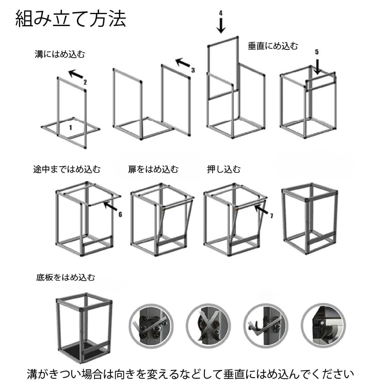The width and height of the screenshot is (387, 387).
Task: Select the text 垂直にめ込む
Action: (273, 46)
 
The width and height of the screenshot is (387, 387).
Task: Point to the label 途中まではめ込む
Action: (67, 169)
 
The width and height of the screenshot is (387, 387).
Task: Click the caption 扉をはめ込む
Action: (153, 169)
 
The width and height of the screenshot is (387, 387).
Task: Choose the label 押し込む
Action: (223, 169)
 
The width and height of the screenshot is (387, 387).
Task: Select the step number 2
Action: (85, 82)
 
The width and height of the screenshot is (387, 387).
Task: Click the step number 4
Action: (220, 12)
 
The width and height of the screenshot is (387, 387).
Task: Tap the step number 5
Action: (317, 52)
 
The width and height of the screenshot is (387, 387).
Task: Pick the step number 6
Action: (120, 214)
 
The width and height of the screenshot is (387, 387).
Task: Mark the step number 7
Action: (271, 215)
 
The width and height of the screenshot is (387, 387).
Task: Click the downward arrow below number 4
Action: (221, 25)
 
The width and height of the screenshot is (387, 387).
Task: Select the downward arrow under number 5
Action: (317, 66)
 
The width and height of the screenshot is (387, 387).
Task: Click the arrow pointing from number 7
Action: (261, 209)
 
